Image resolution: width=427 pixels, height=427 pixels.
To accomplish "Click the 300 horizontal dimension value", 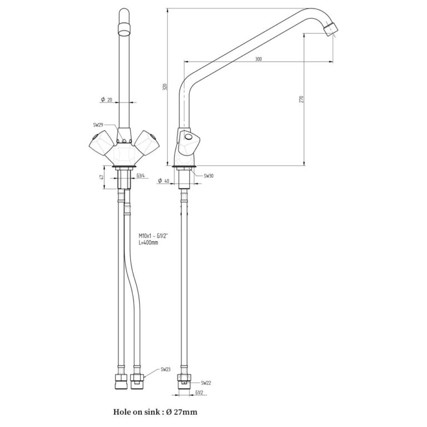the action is pos(259,59).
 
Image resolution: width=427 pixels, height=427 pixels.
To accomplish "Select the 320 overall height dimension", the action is pos(165,87).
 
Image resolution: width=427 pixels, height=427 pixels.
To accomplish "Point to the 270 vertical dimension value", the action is pos(301,99).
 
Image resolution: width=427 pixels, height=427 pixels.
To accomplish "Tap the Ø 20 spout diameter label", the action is pos(107,100).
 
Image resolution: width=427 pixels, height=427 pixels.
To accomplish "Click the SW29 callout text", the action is pos(98,125).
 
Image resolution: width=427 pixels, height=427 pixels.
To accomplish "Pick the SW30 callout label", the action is pos(208,176).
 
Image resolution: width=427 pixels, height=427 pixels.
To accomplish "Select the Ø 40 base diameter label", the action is pos(163,181).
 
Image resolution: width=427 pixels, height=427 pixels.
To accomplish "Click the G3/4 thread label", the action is pos(141,175).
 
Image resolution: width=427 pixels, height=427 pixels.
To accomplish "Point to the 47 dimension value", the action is pos(102,177).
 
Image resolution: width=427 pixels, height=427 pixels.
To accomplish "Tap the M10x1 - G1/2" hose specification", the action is pos(153,236).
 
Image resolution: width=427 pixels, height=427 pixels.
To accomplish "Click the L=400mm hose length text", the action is pos(148,242).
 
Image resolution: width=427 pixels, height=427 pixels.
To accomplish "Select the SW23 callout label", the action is pos(166,370).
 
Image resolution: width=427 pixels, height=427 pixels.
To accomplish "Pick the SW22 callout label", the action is pos(206,383).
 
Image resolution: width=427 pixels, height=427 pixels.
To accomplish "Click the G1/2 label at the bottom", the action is pos(200,393).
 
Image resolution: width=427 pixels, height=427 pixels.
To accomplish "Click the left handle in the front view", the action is pos(101,143).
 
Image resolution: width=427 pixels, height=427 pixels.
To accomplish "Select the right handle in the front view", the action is pos(147,143).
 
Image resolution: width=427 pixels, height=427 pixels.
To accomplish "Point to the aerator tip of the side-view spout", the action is pos(330,29).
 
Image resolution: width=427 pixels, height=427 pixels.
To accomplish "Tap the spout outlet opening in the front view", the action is pos(125,33).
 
